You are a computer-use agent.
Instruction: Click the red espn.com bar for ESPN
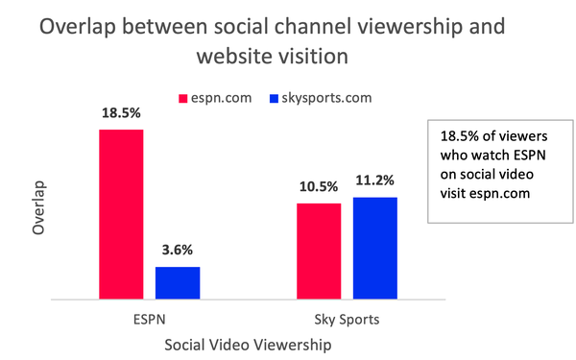(121, 213)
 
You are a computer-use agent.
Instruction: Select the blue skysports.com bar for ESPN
(178, 282)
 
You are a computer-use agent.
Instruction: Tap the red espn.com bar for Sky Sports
(319, 251)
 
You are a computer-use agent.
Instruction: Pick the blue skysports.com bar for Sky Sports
(374, 248)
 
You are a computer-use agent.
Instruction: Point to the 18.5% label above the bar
(121, 113)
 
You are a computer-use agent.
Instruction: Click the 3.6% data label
(178, 251)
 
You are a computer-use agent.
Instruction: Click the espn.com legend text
(222, 98)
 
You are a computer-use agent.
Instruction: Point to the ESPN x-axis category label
(149, 316)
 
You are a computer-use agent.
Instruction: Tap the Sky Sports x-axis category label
(347, 316)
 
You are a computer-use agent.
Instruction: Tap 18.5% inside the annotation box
(456, 135)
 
